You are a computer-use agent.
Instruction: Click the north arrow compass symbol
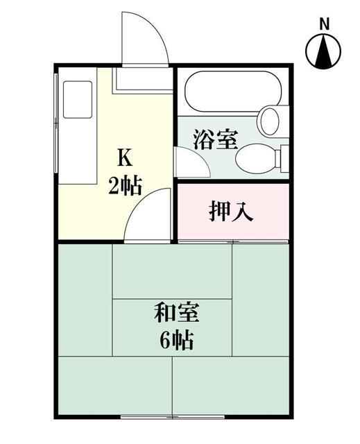pos(323,51)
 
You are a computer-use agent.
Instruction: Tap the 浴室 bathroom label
pos(216,139)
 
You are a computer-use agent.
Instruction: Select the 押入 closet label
pos(231,211)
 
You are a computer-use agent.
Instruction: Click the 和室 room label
pos(176,313)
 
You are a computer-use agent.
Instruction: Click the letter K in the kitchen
pos(125,158)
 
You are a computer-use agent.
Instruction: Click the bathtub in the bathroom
pos(233,92)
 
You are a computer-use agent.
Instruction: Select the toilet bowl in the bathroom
pos(255,159)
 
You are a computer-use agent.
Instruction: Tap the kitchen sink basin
pos(78,99)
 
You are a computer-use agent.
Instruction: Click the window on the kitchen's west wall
pos(56,123)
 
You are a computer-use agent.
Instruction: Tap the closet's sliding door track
pos(233,241)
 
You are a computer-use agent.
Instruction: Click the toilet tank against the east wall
pos(284,159)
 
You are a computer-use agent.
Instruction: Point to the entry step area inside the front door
pos(142,78)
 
